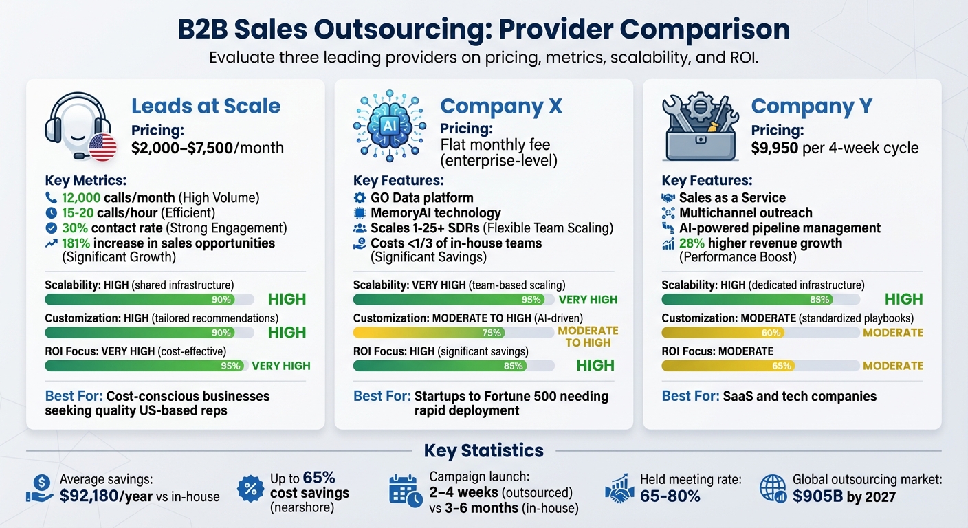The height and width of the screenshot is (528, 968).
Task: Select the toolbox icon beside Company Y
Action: [x=700, y=127]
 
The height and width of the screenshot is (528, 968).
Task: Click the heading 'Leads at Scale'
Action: [x=206, y=106]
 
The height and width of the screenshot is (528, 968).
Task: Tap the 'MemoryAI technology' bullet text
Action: [x=435, y=213]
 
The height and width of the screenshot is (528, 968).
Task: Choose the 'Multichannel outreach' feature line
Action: [x=745, y=213]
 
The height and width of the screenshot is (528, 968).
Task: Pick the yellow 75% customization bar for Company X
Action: [x=429, y=333]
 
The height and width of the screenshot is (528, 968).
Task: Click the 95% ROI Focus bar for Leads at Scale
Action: [x=146, y=366]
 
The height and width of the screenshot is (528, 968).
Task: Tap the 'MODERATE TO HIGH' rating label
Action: [x=588, y=336]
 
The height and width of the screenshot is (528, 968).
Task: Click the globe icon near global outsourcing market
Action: [x=773, y=488]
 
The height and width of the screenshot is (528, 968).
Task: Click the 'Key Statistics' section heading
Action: [x=483, y=451]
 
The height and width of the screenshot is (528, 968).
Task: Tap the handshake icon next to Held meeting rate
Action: [x=619, y=488]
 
